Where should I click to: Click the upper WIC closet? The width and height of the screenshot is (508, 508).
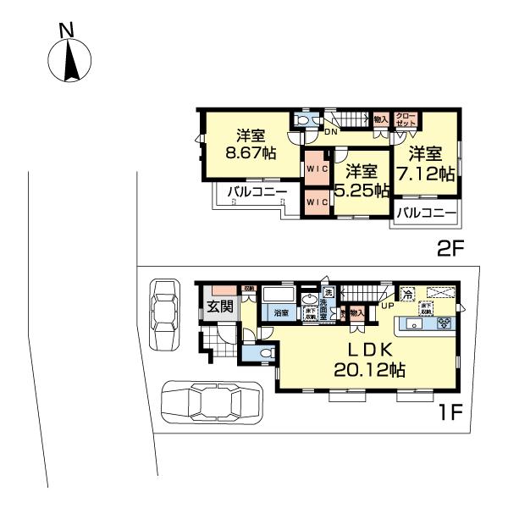point(316,168)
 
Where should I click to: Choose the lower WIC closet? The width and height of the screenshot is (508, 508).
point(316,202)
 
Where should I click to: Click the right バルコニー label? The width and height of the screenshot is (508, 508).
point(427,212)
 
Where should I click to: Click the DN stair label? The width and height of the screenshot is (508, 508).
point(333,131)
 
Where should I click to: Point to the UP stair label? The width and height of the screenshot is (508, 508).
point(387,306)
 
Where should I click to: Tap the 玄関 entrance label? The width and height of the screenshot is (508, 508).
point(220,306)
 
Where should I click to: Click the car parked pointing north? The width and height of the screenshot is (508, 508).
point(164,313)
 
